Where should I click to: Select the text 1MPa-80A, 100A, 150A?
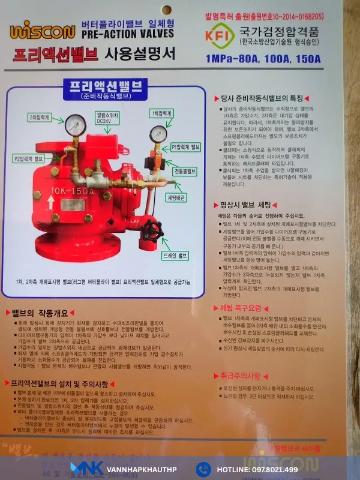pyautogui.click(x=262, y=59)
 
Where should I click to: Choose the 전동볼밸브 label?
pyautogui.click(x=185, y=171)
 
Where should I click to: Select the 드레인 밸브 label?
pyautogui.click(x=175, y=256)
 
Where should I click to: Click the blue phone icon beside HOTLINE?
pyautogui.click(x=203, y=469)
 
